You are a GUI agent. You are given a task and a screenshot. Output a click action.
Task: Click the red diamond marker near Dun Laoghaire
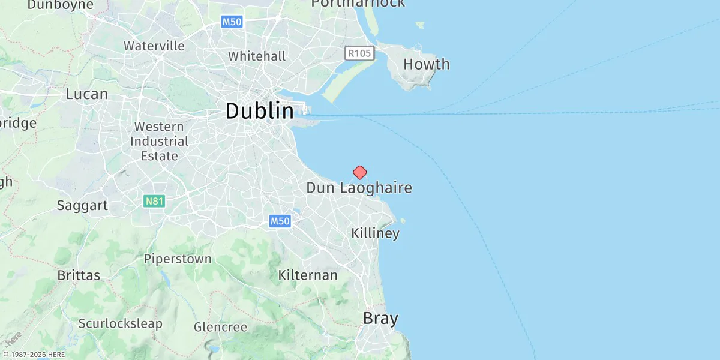point(359,173)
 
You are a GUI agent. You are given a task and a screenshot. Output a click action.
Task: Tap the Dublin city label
point(260,112)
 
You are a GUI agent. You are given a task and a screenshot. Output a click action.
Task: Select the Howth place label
point(426,64)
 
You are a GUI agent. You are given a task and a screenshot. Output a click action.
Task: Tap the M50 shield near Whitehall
point(232,22)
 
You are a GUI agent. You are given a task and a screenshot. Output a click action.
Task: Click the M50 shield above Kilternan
point(280,221)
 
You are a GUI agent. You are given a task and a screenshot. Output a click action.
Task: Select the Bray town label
point(380,319)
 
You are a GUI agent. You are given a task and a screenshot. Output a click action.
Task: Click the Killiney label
point(375,233)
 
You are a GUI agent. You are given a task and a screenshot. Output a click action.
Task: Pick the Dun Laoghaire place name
point(359,188)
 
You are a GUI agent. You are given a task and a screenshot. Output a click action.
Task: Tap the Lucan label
point(87,94)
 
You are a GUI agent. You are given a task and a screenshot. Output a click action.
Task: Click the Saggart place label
point(82,206)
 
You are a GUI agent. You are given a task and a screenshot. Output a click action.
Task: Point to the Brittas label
point(79,275)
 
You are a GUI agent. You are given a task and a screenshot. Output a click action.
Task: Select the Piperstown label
point(178,259)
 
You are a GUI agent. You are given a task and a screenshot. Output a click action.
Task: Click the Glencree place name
point(220,328)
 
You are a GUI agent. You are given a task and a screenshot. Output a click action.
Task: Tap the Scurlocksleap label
point(120,324)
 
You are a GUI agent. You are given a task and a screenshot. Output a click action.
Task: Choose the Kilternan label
point(308,275)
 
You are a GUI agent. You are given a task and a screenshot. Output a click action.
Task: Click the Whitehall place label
point(257,56)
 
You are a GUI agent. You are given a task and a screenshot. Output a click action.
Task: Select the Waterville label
point(154,46)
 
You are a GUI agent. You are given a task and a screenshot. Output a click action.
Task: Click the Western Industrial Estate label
point(159,142)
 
